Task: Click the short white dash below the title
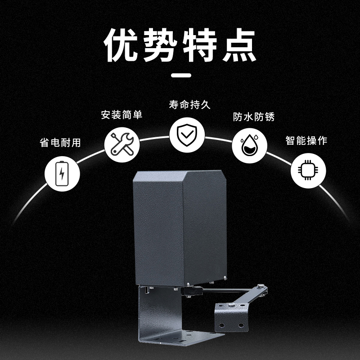pyautogui.click(x=180, y=75)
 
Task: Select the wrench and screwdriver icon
pyautogui.click(x=120, y=143)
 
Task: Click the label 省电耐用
pyautogui.click(x=60, y=143)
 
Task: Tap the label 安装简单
pyautogui.click(x=121, y=115)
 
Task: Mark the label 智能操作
pyautogui.click(x=306, y=140)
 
